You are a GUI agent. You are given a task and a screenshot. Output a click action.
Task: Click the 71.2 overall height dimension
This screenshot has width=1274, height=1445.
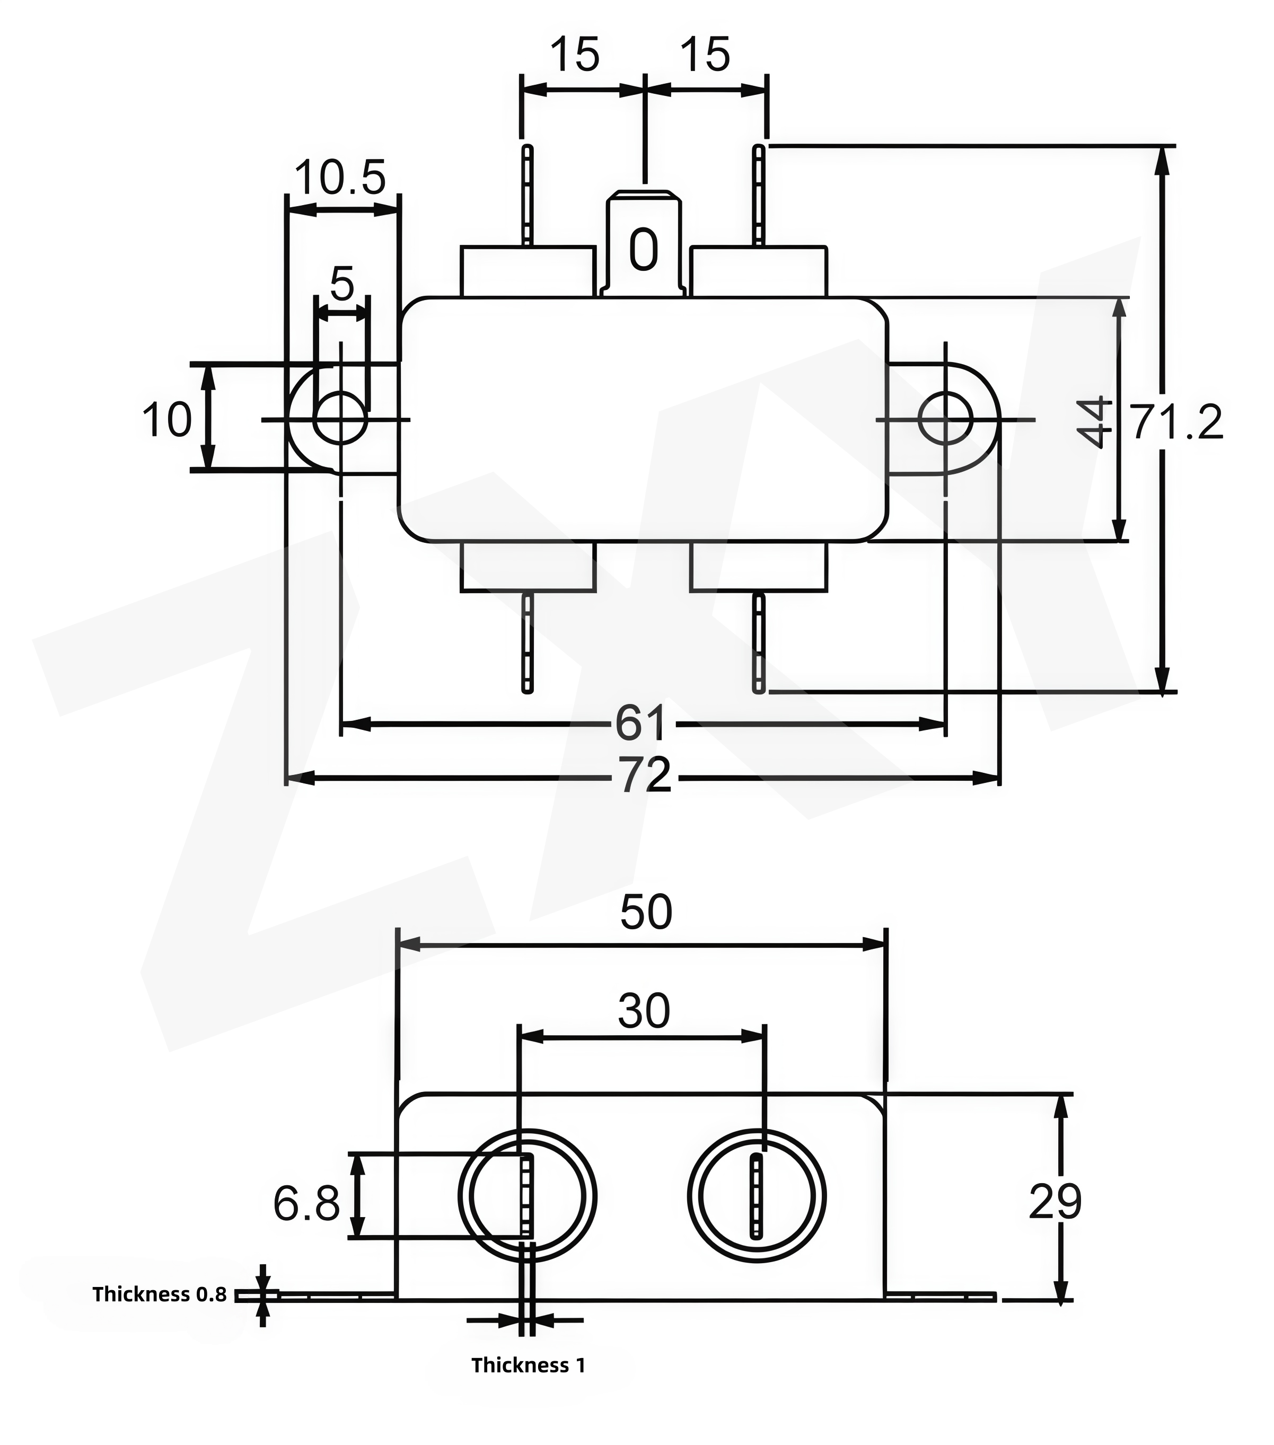pos(1176,423)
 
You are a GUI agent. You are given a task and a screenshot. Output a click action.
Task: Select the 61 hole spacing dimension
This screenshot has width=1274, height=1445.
pos(640,722)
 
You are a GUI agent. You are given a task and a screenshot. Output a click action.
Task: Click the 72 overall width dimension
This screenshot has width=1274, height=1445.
pos(645,776)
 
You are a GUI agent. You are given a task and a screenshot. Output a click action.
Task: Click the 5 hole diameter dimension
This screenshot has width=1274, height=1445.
pos(341,284)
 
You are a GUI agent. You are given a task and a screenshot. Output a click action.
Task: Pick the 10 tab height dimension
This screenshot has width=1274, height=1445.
pos(167,419)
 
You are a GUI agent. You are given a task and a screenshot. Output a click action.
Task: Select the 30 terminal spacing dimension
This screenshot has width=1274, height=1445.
pos(644,1011)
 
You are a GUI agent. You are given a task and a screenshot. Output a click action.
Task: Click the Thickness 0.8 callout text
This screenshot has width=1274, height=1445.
pos(160,1294)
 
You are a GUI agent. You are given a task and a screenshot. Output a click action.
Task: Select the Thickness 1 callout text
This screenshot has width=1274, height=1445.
pos(528,1365)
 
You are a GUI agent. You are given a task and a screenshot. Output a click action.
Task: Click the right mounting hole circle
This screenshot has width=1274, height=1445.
pos(945,419)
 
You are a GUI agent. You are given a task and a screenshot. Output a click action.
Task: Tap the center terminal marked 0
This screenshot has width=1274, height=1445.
pos(644,248)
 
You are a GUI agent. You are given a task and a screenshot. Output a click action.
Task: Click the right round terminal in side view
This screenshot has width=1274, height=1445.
pos(757,1196)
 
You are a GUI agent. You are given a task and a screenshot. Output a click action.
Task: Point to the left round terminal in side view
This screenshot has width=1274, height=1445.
pos(528,1196)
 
